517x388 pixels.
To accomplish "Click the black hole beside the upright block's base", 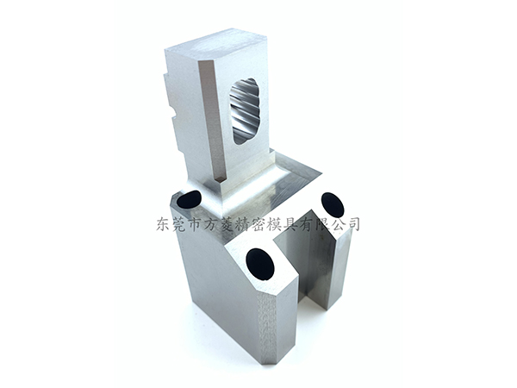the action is click(x=189, y=199).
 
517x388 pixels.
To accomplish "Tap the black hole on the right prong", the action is click(x=333, y=204).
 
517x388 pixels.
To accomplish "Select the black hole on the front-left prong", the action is click(x=260, y=263).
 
